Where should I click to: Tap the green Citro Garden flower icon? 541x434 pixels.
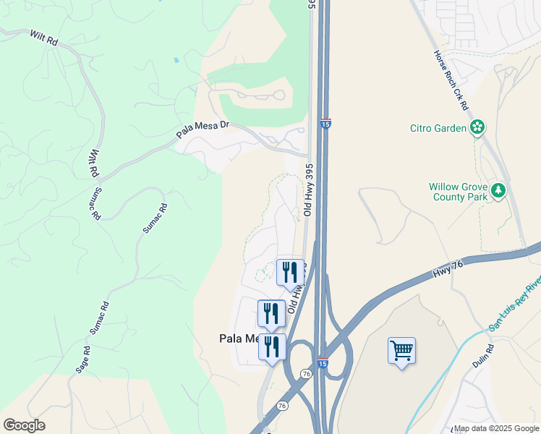click(477, 128)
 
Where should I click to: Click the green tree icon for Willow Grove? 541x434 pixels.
click(498, 191)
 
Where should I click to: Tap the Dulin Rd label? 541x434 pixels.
click(483, 357)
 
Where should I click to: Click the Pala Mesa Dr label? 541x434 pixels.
click(203, 129)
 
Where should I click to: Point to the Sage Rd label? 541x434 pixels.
click(83, 359)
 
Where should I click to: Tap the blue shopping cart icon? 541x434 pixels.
click(401, 351)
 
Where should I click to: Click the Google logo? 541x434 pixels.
click(24, 425)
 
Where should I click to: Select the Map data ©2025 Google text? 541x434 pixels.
click(497, 428)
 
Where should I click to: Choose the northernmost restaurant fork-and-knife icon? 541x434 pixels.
click(290, 272)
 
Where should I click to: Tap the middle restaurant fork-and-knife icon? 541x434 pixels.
click(271, 313)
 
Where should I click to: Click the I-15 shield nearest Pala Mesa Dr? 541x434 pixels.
click(325, 124)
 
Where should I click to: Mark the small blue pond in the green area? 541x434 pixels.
click(176, 60)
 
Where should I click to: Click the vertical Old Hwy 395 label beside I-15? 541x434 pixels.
click(309, 190)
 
